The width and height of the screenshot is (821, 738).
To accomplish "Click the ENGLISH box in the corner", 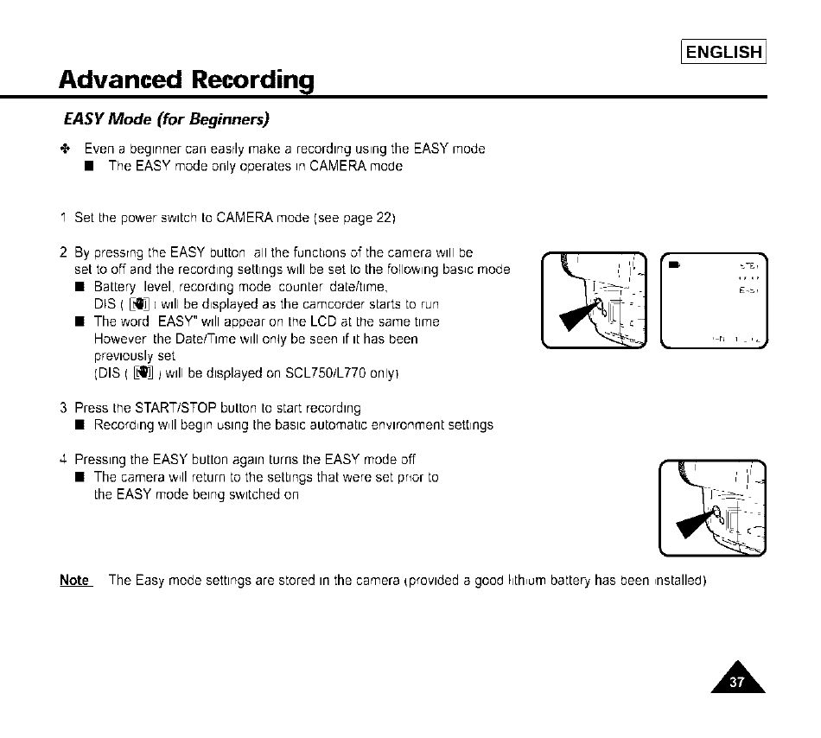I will point(724,52).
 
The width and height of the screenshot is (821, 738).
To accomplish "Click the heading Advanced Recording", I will point(186,80).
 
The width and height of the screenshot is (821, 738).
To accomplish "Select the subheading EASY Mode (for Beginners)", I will point(167,118).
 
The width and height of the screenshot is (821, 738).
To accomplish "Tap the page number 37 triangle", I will point(737,679).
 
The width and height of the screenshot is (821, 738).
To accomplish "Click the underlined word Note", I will point(74,580).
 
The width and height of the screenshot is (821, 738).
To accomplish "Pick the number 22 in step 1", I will point(385,218).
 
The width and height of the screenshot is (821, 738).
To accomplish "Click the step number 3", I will point(64,408).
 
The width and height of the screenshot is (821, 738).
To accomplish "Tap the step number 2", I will point(64,252).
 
